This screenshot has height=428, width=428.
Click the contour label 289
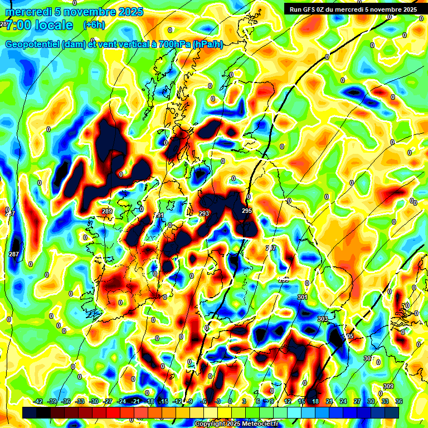(x=107, y=211)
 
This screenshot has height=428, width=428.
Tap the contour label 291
(x=159, y=215)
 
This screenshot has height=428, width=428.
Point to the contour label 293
(x=204, y=213)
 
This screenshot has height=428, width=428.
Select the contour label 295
(x=247, y=211)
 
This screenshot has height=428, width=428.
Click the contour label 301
(x=303, y=298)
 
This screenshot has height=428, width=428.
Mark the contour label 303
(x=323, y=319)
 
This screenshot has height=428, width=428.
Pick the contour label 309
(x=388, y=386)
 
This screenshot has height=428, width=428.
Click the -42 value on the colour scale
(x=38, y=401)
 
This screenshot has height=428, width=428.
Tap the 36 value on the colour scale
(x=398, y=401)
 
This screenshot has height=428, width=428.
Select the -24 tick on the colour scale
(x=121, y=401)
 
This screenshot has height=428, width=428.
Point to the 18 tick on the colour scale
(x=315, y=401)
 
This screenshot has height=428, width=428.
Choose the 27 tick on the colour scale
(x=357, y=401)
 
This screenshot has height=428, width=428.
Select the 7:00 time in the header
(x=18, y=25)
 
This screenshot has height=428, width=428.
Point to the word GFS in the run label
(x=313, y=9)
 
